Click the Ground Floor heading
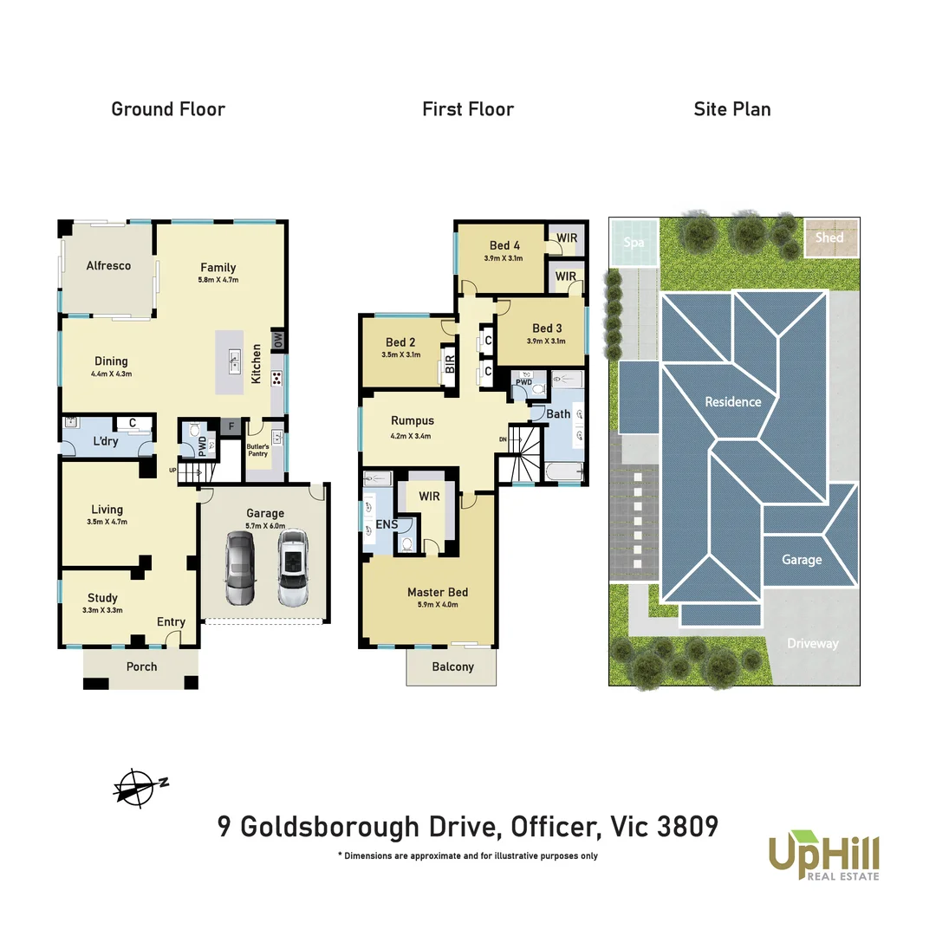[x=168, y=109]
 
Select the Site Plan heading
[x=731, y=109]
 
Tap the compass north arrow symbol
[x=140, y=787]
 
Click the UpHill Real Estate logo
[x=823, y=855]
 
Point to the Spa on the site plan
[x=634, y=242]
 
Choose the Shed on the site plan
[x=829, y=237]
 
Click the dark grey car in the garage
[x=240, y=568]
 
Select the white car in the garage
[x=293, y=568]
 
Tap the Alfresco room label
[x=108, y=266]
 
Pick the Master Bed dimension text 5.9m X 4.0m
[x=438, y=605]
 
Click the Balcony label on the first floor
[x=452, y=666]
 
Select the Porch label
[x=141, y=666]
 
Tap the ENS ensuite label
[x=387, y=524]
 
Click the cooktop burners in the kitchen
[x=276, y=377]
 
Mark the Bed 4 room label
[x=504, y=245]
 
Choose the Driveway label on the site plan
[x=813, y=643]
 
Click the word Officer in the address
[x=551, y=827]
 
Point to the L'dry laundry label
[x=107, y=442]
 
